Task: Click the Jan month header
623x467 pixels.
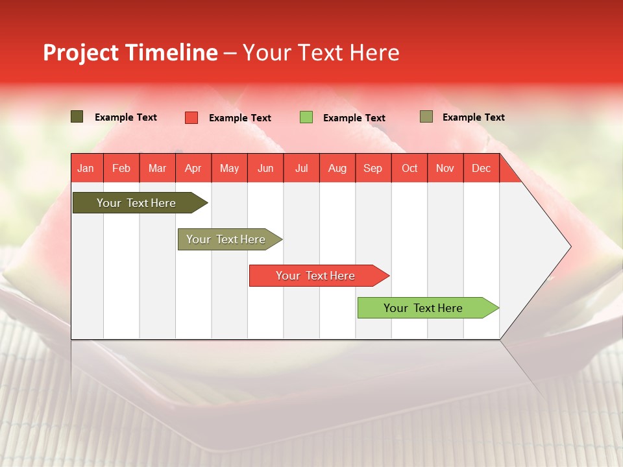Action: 86,169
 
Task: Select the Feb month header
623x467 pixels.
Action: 121,169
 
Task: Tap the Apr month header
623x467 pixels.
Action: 193,169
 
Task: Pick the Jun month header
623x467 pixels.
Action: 265,169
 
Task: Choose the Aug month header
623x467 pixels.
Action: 337,169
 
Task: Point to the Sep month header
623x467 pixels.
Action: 373,169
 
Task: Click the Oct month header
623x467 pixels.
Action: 409,169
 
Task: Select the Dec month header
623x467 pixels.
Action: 481,169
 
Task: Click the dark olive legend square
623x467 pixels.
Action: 77,117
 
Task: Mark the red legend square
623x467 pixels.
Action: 191,117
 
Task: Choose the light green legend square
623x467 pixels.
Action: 306,117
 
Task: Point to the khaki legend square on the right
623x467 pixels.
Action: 426,117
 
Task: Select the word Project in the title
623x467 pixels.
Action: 80,53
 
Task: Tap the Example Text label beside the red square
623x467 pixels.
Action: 240,118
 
